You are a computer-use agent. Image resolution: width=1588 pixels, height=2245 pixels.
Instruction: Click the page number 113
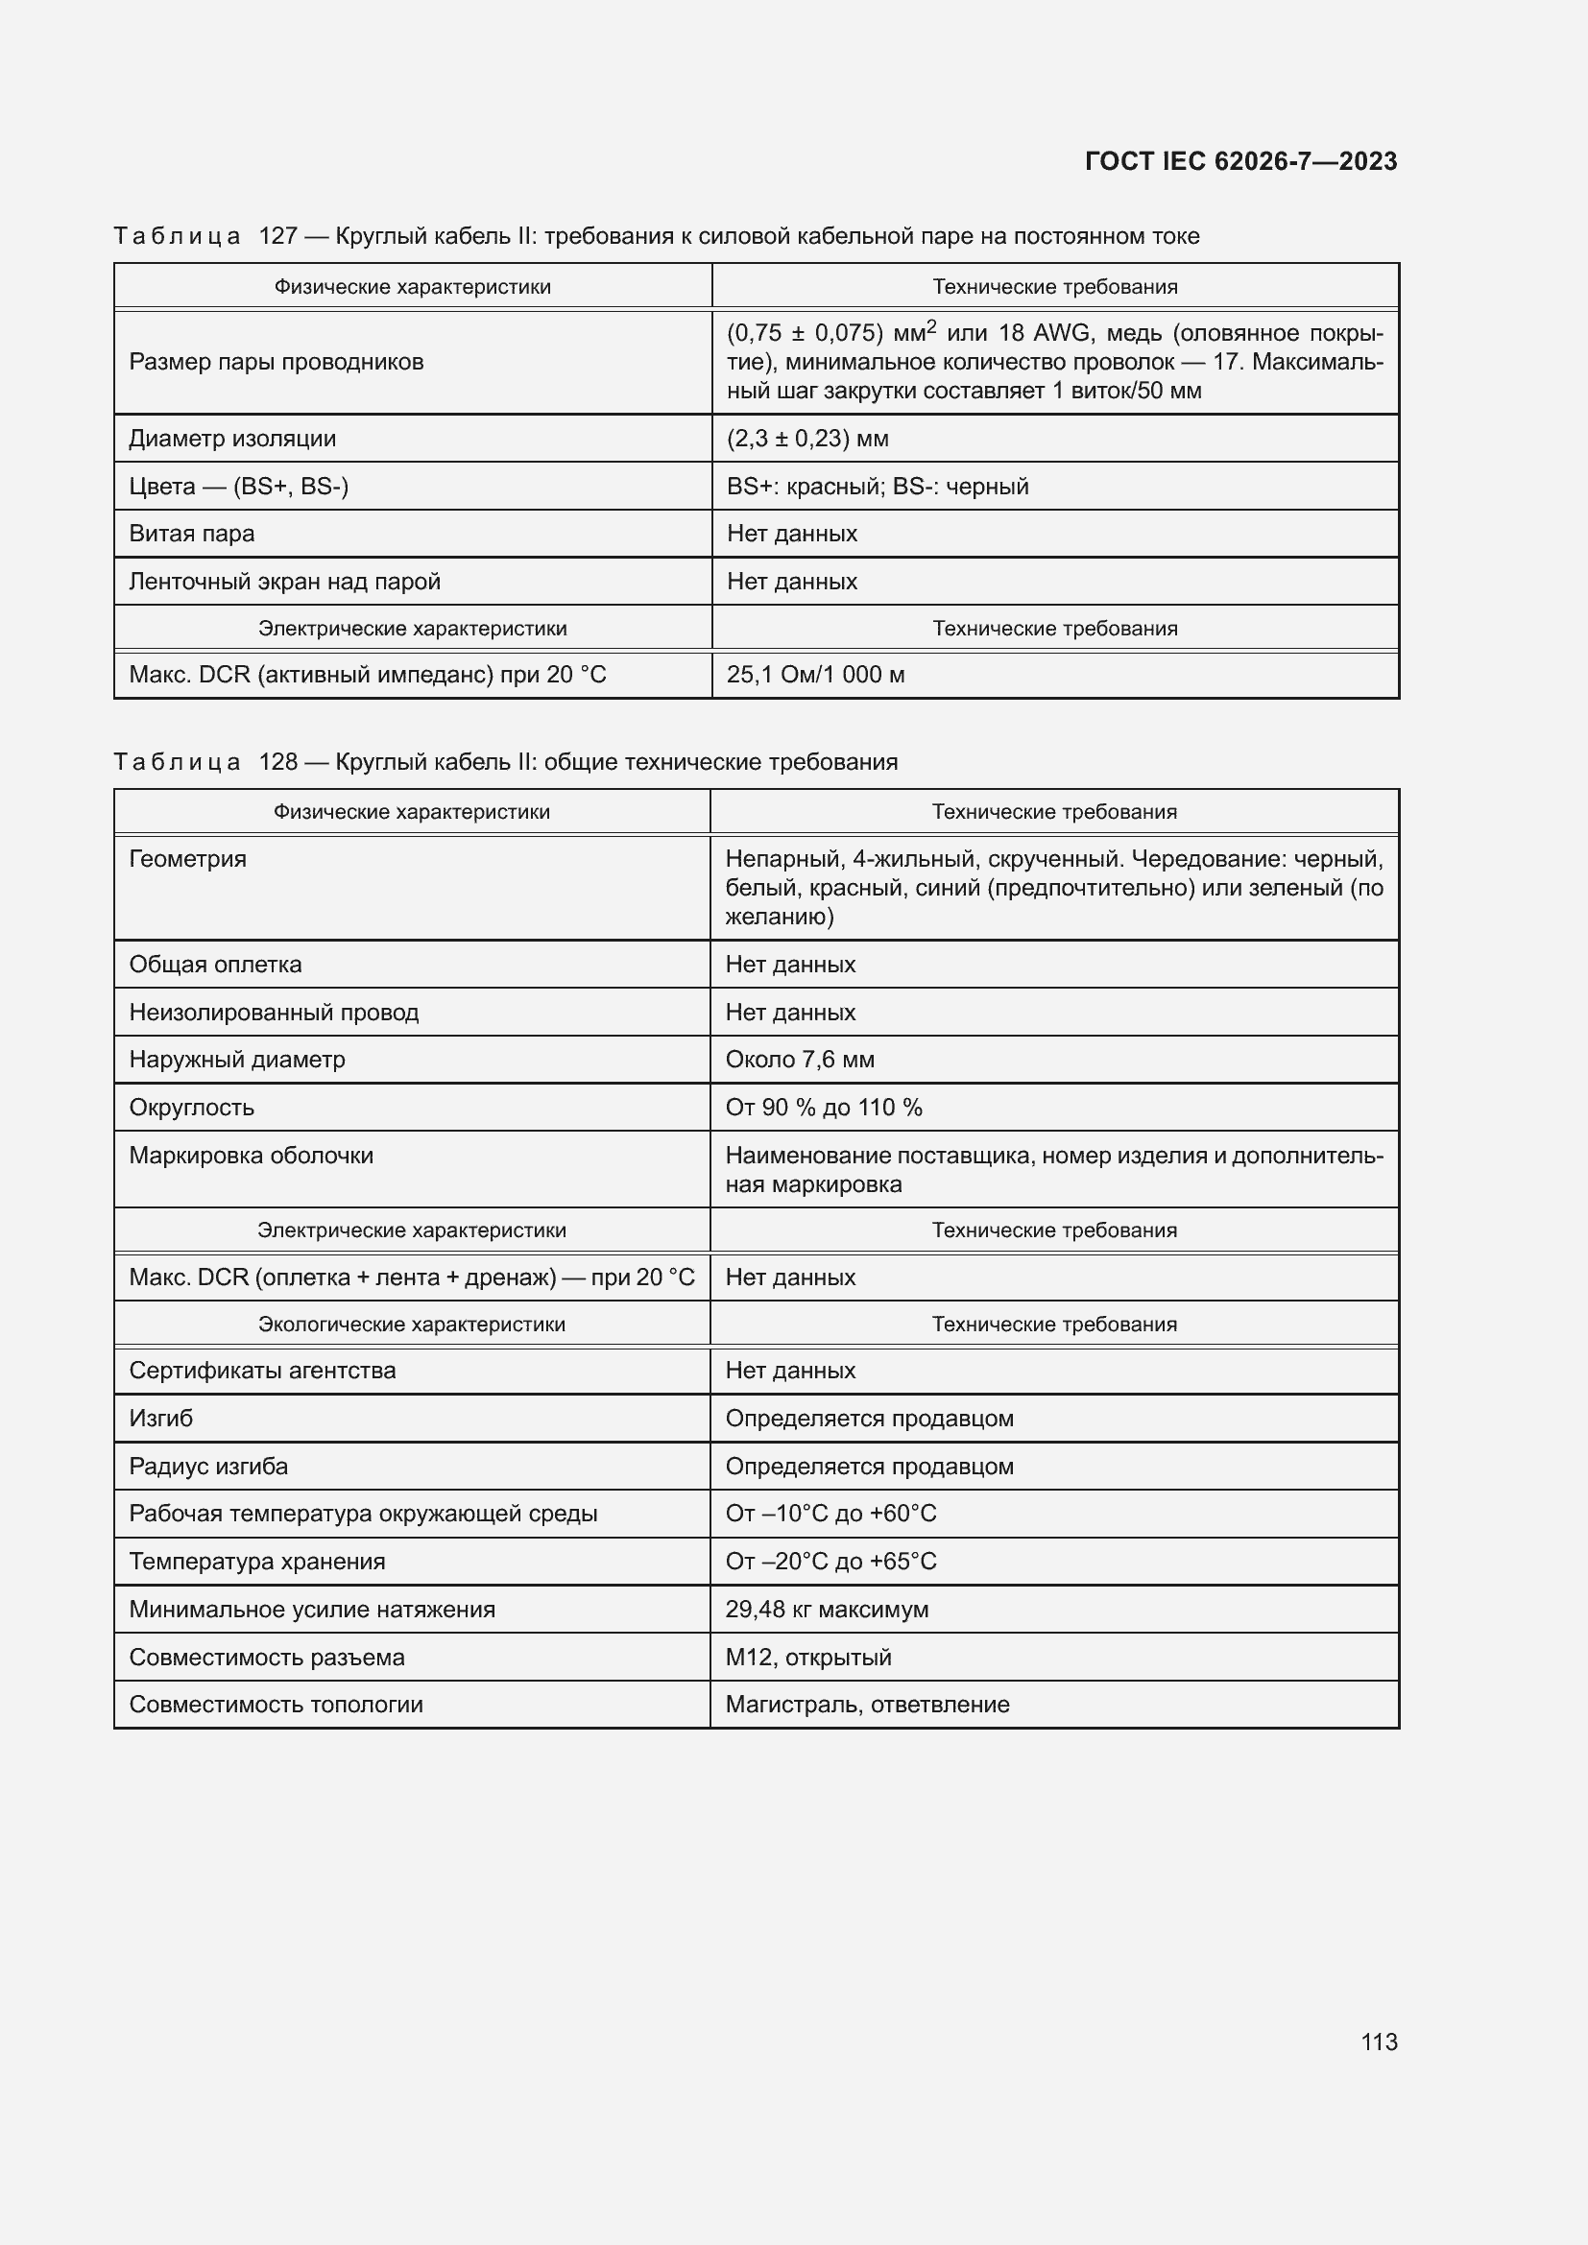click(1378, 2042)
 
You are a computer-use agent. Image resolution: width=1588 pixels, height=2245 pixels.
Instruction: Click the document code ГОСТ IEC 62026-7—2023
click(1239, 161)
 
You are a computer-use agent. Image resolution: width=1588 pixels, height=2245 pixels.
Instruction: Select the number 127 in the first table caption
click(277, 236)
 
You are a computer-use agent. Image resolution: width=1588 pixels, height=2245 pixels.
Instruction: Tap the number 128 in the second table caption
click(277, 762)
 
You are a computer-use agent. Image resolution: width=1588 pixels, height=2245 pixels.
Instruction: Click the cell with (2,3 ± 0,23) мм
click(806, 438)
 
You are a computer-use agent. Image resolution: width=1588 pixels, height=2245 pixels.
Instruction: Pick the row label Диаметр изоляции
click(231, 438)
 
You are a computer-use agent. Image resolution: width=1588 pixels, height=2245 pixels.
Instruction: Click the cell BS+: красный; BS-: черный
click(878, 486)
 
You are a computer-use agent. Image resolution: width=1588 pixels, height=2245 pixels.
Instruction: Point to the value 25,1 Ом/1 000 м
click(814, 675)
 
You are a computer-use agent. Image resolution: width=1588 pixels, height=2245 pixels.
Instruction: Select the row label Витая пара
click(192, 534)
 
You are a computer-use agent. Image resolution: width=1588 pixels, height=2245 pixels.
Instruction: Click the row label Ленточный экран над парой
click(284, 582)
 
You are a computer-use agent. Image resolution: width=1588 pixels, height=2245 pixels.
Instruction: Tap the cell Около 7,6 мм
click(799, 1060)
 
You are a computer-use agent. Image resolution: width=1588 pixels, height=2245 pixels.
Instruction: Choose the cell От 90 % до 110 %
click(824, 1108)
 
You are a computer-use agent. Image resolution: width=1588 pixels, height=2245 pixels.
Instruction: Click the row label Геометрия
click(188, 858)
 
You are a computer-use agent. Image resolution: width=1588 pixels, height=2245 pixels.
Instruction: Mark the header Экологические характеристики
click(412, 1324)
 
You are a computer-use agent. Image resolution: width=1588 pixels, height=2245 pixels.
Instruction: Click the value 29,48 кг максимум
click(827, 1610)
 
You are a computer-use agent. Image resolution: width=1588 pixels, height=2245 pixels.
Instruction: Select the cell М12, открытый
click(807, 1658)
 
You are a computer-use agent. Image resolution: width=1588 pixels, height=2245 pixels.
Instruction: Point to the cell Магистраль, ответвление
click(866, 1705)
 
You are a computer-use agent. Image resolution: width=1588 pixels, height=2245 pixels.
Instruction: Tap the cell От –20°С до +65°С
click(830, 1562)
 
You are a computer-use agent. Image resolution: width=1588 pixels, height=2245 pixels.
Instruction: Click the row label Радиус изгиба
click(208, 1467)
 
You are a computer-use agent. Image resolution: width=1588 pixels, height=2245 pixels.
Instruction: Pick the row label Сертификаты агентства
click(262, 1371)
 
